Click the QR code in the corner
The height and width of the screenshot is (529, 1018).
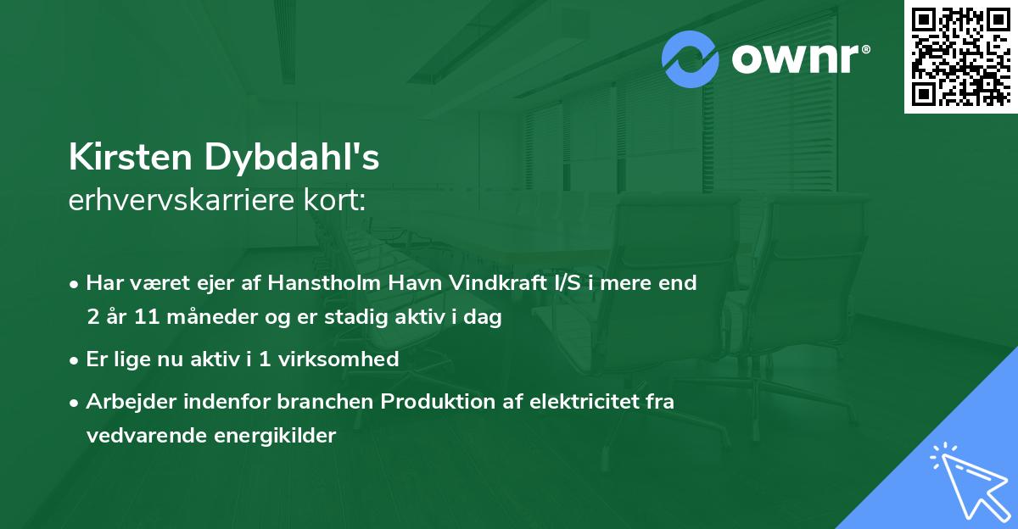tap(961, 56)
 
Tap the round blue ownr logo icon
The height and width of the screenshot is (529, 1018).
tap(691, 58)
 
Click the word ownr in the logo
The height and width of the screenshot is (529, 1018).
tap(794, 59)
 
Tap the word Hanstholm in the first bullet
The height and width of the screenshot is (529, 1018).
tap(315, 283)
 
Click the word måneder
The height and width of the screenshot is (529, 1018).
tap(191, 318)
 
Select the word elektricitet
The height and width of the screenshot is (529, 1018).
tap(579, 402)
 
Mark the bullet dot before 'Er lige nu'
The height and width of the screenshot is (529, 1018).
tap(76, 359)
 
